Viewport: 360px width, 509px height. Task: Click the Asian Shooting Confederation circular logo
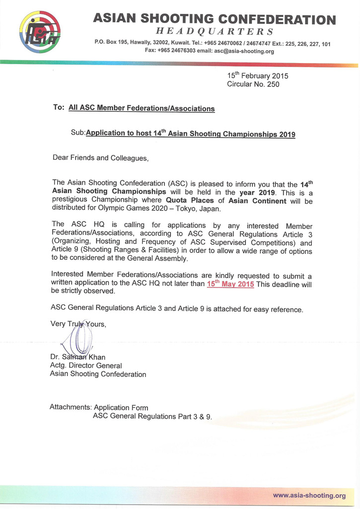(40, 32)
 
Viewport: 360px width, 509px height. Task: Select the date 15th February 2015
(258, 76)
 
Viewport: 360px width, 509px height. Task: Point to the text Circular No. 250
(253, 84)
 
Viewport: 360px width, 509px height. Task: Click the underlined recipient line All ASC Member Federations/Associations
(142, 108)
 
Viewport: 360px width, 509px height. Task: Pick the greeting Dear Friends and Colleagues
(100, 158)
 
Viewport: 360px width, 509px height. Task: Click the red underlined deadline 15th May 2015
(230, 284)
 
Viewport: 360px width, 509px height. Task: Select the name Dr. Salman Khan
(77, 357)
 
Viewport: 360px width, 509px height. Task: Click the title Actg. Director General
(86, 365)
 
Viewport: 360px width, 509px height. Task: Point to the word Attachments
(71, 407)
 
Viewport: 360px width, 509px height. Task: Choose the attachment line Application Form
(121, 407)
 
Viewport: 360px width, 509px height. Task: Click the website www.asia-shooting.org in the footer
(309, 496)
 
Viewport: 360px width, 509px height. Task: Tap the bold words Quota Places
(190, 201)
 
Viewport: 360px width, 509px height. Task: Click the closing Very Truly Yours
(78, 324)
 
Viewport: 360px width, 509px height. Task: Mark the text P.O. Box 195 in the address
(112, 43)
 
